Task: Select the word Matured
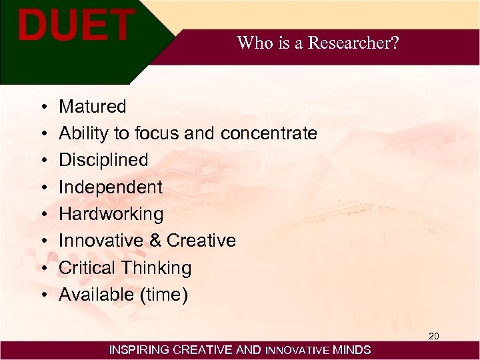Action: (x=92, y=107)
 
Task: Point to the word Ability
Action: (x=83, y=133)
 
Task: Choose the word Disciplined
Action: (x=103, y=160)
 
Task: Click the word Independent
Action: (x=110, y=187)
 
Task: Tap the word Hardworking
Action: (x=111, y=214)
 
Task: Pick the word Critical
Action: (x=85, y=268)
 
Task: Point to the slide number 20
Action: (x=433, y=336)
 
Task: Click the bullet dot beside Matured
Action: (x=42, y=107)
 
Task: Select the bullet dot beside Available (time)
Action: (x=42, y=295)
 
